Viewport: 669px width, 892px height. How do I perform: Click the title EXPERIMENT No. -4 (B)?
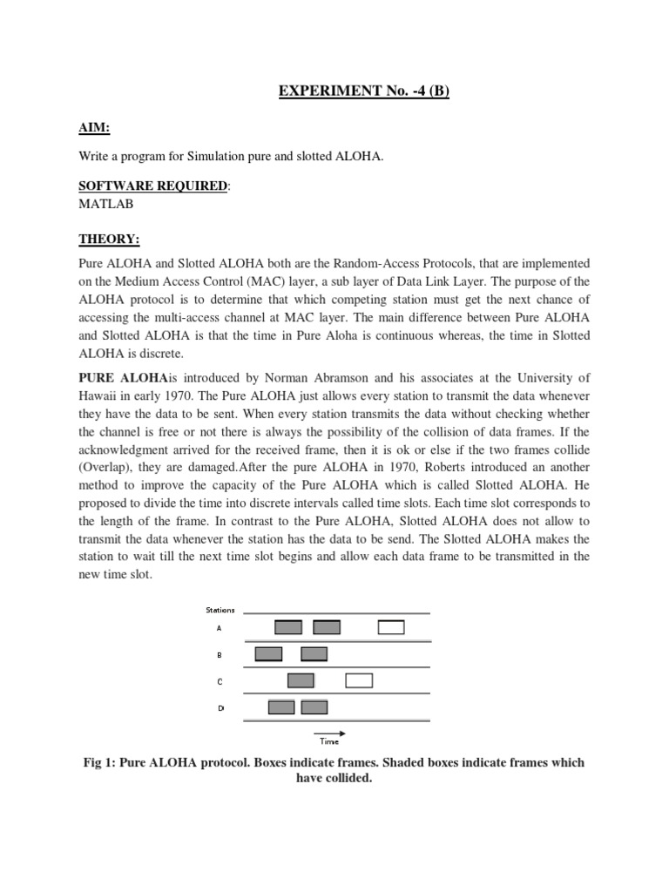pos(364,91)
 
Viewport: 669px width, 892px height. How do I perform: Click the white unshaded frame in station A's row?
pos(391,627)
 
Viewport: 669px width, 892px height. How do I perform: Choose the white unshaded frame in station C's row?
pos(359,680)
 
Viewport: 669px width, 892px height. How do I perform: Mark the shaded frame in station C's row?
pos(301,680)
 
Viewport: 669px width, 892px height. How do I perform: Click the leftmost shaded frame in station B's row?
pos(269,654)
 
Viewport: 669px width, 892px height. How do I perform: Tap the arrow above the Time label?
pos(329,733)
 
